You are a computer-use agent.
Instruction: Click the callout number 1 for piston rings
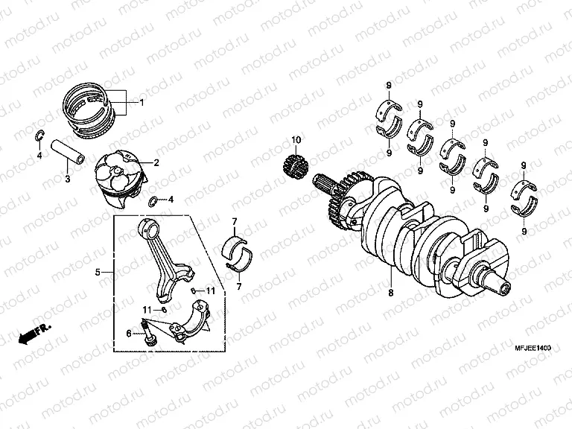tap(142, 103)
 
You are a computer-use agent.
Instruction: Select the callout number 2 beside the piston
tap(156, 162)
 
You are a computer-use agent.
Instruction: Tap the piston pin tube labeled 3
tap(69, 150)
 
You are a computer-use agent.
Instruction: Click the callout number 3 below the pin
tap(68, 179)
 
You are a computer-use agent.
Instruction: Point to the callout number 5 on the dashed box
tap(98, 272)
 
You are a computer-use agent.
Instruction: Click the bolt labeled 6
tap(147, 333)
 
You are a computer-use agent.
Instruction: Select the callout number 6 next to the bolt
tap(128, 334)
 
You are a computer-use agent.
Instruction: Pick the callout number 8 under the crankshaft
tap(391, 293)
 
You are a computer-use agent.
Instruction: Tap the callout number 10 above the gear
tap(296, 140)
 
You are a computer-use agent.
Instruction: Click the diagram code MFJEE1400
tap(533, 348)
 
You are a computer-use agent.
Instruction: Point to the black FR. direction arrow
tap(35, 334)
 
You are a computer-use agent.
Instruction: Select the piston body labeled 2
tap(121, 179)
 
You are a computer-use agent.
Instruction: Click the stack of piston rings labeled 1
tap(90, 110)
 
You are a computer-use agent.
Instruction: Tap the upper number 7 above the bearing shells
tap(235, 221)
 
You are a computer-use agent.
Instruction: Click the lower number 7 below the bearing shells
tap(239, 287)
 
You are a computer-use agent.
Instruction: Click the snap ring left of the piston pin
tap(39, 135)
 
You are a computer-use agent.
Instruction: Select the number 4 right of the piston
tap(171, 200)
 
